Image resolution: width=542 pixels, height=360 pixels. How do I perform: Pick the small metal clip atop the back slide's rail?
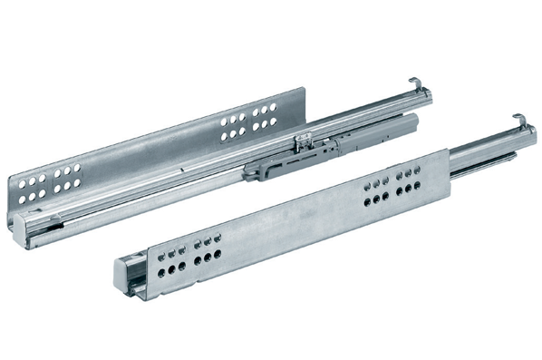(306, 141)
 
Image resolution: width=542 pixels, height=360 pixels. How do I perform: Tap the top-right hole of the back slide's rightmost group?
(274, 106)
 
